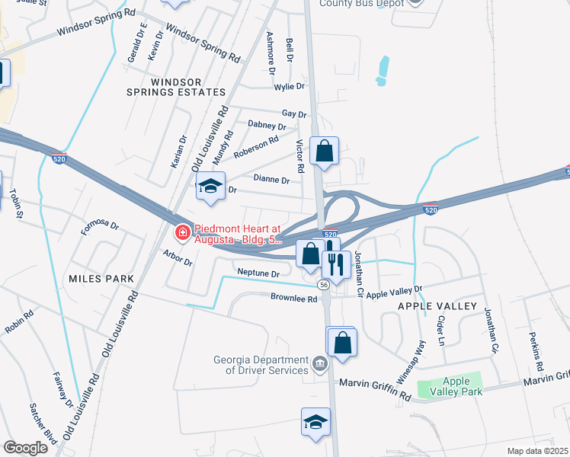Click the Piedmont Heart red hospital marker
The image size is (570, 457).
182,232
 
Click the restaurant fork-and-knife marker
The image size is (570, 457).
336,264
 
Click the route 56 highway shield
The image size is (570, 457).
324,284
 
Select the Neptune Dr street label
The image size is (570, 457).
259,272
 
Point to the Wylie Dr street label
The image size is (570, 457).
290,87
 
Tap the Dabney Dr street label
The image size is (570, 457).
267,125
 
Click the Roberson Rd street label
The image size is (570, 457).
256,147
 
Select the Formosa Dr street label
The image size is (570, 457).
101,225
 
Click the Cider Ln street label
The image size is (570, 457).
440,328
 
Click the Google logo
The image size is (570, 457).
26,447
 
